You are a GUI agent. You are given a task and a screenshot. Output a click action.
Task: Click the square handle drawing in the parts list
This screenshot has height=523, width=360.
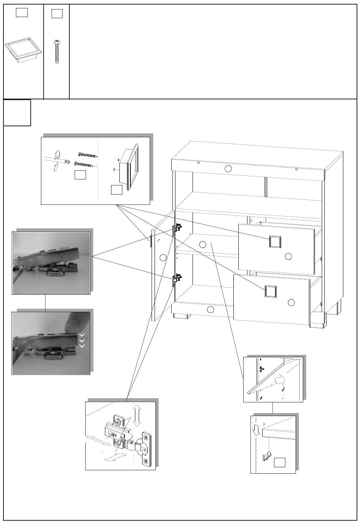point(23,52)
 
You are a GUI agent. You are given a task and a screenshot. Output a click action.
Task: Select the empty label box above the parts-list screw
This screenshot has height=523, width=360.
point(56,14)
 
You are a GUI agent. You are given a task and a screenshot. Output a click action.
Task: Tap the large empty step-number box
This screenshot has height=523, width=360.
point(17,113)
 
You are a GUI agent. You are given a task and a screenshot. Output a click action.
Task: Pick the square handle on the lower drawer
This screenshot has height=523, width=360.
point(270,291)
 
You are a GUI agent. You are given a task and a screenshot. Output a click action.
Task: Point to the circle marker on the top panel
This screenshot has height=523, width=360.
point(227,168)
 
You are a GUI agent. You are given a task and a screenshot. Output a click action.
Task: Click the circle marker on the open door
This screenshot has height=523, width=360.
point(163,258)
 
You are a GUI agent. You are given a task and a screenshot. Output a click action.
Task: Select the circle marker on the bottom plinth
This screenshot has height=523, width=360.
point(211,309)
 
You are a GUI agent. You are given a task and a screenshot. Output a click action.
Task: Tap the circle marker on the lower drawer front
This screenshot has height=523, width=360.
point(291,302)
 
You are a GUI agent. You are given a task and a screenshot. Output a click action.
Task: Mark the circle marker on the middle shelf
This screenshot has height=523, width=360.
point(203,245)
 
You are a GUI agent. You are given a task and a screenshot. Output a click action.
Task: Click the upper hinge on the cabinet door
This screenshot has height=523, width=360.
point(177,229)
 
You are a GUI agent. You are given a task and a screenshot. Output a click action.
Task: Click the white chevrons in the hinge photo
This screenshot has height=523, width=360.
point(81,340)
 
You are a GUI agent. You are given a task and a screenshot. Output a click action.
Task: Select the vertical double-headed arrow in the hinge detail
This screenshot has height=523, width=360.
point(137,415)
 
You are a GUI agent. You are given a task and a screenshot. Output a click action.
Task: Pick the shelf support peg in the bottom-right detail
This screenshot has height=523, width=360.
point(267,457)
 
